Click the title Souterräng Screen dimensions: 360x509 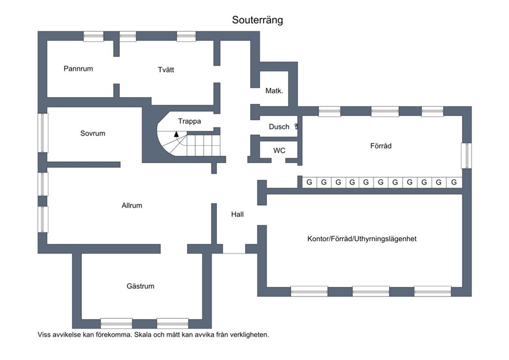(x=257, y=20)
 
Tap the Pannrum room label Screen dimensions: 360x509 (x=78, y=68)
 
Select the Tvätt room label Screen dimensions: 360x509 (x=166, y=70)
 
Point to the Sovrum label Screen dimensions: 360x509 (x=93, y=133)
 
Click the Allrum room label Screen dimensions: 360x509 (x=132, y=205)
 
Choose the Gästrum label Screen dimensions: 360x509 (x=140, y=286)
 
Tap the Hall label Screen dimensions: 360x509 (x=237, y=214)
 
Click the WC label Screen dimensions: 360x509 (x=279, y=151)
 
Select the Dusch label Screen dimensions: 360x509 (x=279, y=127)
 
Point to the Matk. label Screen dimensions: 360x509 (x=274, y=91)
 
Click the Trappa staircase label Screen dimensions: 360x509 (x=189, y=121)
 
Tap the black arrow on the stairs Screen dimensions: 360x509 (x=176, y=134)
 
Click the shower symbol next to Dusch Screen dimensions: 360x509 (x=296, y=126)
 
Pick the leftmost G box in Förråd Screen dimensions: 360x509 (x=310, y=182)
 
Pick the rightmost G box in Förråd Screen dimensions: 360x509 (x=454, y=182)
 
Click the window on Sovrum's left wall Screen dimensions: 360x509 (x=43, y=133)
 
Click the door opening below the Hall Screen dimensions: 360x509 (x=234, y=249)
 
